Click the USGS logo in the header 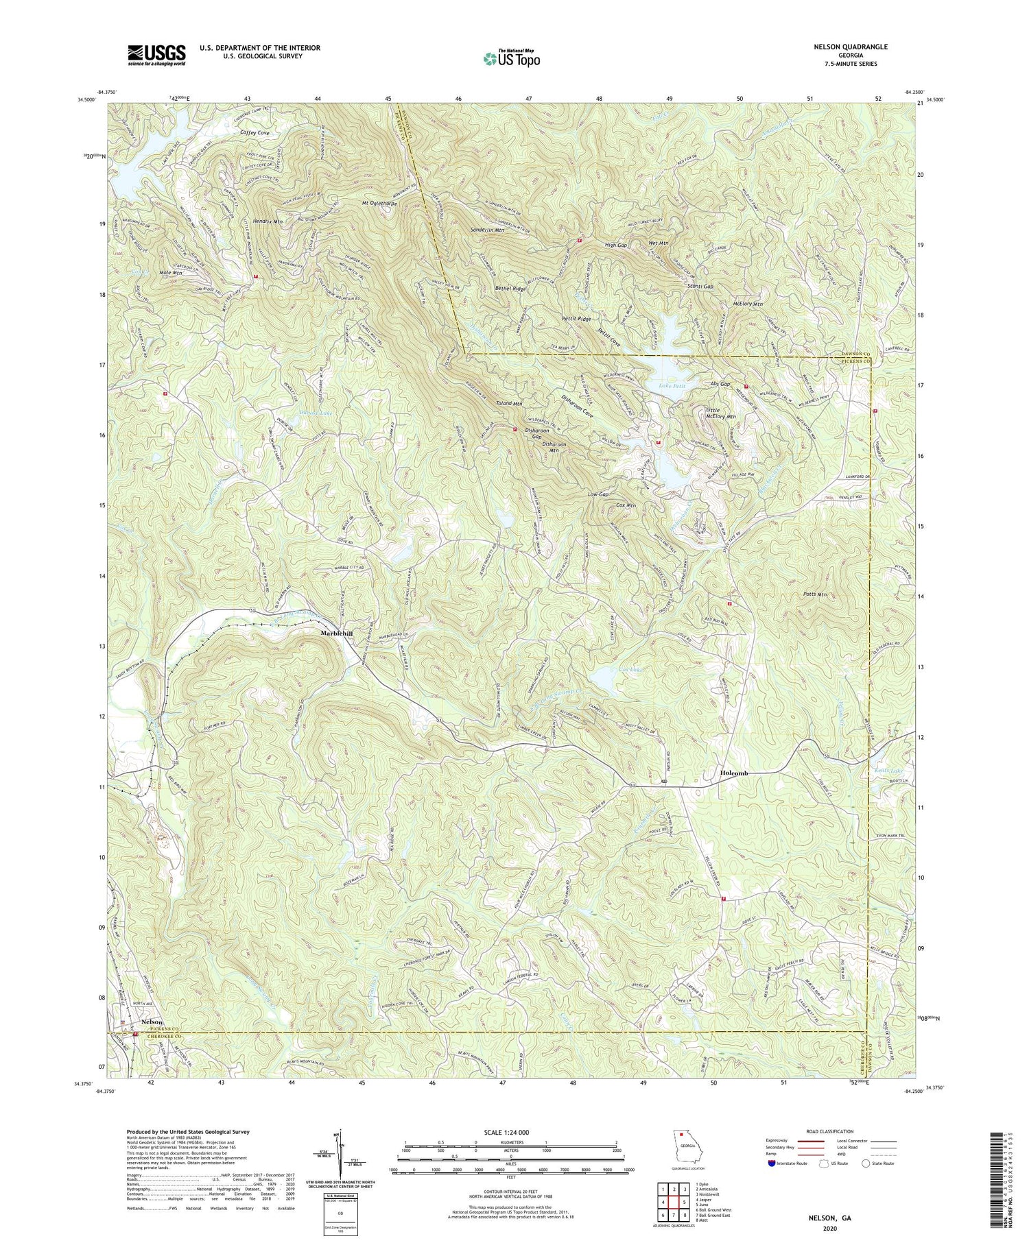(x=156, y=55)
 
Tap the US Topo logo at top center (x=511, y=59)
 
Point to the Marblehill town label (x=337, y=633)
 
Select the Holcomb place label (x=734, y=773)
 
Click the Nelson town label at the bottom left (x=152, y=1022)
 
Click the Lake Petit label (x=672, y=387)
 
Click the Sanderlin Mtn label (x=488, y=230)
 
